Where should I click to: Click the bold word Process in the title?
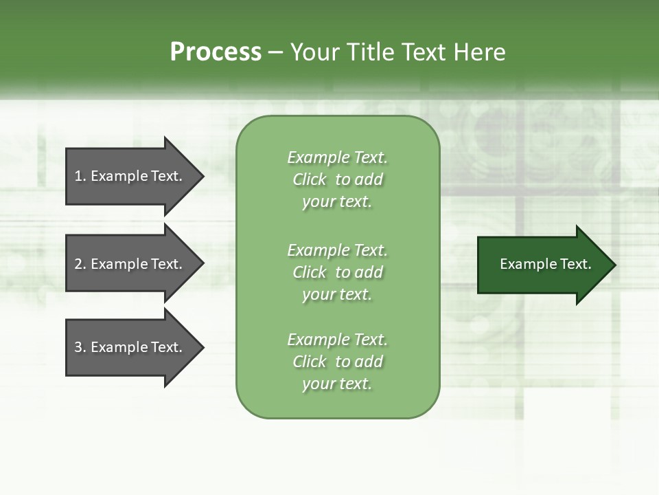click(216, 52)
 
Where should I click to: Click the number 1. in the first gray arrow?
click(80, 176)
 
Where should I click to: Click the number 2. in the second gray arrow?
click(80, 264)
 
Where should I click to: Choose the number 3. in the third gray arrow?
click(80, 347)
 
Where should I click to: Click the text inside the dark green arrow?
click(545, 264)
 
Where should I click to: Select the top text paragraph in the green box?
click(337, 179)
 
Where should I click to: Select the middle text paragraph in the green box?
click(337, 272)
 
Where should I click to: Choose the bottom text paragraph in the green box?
click(337, 362)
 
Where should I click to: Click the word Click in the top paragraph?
click(309, 179)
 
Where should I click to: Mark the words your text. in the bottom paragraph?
click(337, 384)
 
